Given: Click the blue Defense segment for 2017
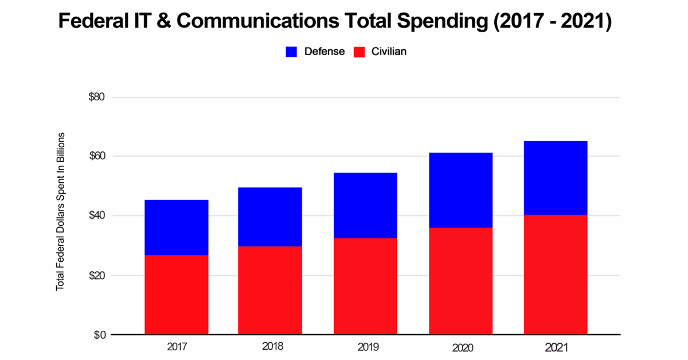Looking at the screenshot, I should (176, 228).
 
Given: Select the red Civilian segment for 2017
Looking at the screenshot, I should (176, 295).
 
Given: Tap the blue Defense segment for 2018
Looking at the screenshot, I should (270, 217).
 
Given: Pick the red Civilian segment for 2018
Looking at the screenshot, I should (270, 290).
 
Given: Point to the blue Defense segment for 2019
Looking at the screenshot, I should (365, 205).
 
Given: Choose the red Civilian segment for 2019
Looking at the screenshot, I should (365, 286).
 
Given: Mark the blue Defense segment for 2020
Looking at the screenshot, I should (460, 190).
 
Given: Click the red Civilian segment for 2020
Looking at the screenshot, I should (460, 281).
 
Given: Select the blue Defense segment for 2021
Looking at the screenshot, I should (556, 178).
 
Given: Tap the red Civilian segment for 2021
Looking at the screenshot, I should (556, 275).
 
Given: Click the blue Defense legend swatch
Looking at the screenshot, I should (291, 52).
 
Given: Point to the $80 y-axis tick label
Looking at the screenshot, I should (96, 97).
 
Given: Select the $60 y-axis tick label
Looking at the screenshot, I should (96, 156).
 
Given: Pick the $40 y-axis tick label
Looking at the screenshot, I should (96, 216).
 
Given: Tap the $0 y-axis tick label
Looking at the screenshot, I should (99, 335).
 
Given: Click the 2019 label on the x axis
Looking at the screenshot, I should (365, 347).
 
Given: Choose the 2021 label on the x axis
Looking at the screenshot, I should (556, 347).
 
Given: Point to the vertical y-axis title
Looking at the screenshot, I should (60, 212).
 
